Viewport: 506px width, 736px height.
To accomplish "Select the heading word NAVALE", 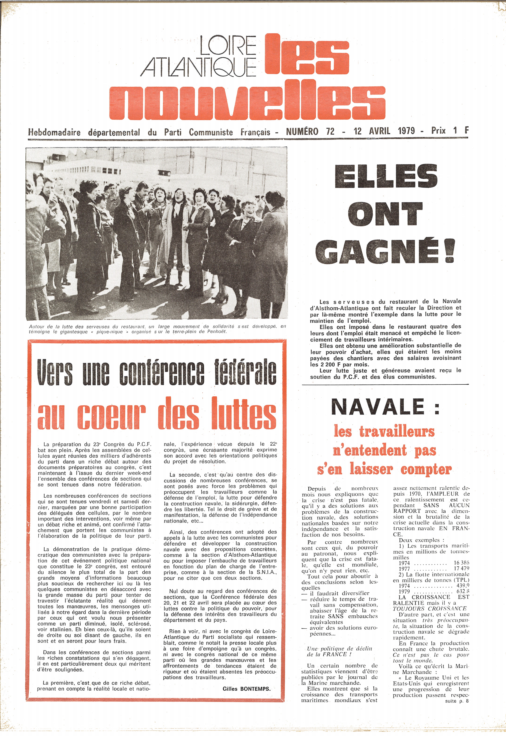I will (377, 407).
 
